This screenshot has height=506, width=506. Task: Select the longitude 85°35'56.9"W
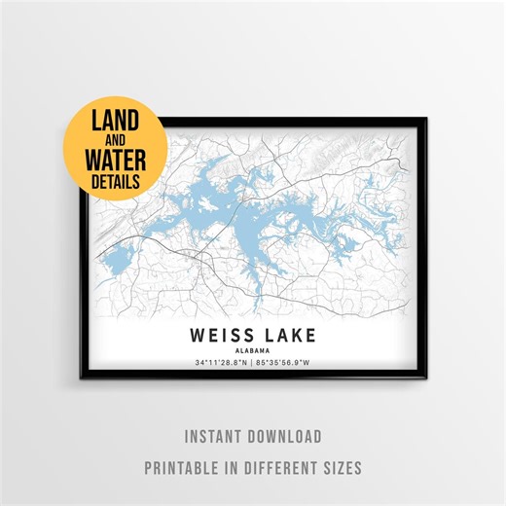tap(290, 365)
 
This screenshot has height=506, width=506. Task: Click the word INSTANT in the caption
tap(213, 437)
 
